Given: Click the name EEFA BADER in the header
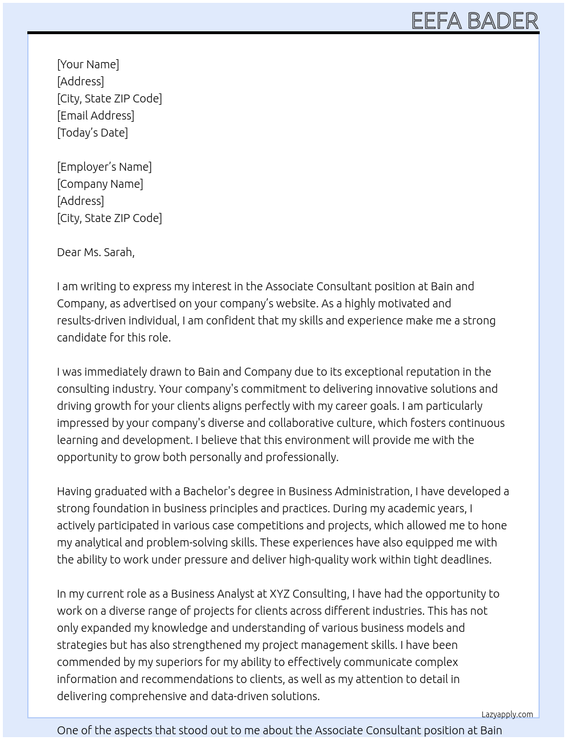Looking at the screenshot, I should (474, 21).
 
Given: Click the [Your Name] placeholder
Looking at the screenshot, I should (88, 64).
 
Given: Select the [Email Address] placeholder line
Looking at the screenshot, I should (96, 116).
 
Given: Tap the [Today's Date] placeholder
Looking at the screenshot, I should (92, 133).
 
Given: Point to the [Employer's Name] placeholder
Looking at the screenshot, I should (104, 167).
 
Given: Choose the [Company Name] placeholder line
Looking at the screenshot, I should (100, 184).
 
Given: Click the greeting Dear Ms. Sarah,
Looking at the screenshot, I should (96, 252).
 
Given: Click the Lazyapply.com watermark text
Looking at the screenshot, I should (507, 714).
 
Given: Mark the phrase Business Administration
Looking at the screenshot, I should (349, 491).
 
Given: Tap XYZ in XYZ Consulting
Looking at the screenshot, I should (280, 594).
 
